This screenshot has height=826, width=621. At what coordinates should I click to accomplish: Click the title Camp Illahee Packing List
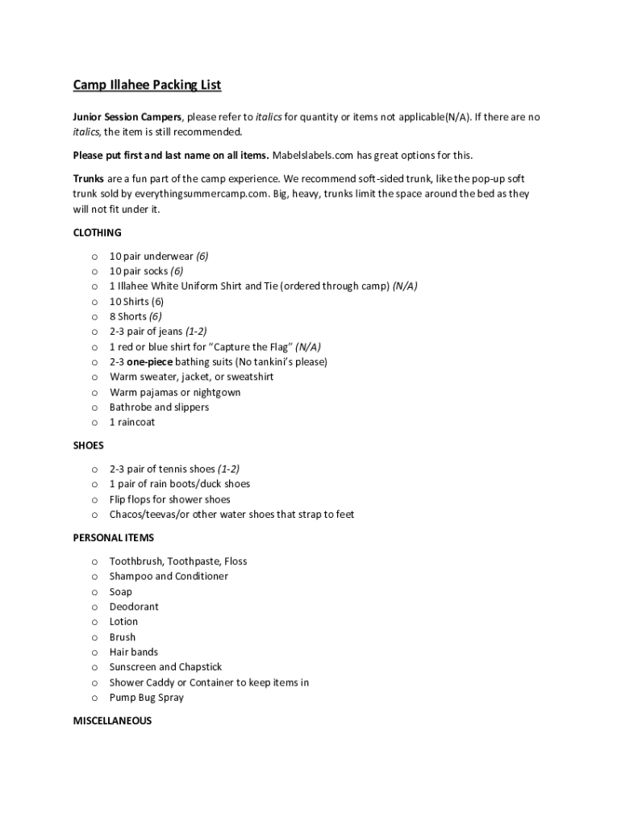pyautogui.click(x=147, y=85)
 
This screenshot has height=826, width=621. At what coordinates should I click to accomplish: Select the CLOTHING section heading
pyautogui.click(x=97, y=232)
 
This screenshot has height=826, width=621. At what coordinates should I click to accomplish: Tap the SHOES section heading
pyautogui.click(x=88, y=445)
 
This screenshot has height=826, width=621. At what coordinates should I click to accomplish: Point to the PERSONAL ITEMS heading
pyautogui.click(x=113, y=537)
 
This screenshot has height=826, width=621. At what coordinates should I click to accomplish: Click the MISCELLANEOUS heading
pyautogui.click(x=112, y=721)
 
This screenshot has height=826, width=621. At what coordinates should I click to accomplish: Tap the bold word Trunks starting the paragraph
pyautogui.click(x=89, y=178)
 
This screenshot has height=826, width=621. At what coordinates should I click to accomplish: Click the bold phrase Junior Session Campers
pyautogui.click(x=127, y=117)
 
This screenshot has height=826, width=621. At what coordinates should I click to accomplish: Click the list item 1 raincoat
pyautogui.click(x=132, y=423)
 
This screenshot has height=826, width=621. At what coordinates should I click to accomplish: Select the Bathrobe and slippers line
pyautogui.click(x=159, y=407)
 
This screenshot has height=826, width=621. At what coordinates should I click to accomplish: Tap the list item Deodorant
pyautogui.click(x=134, y=607)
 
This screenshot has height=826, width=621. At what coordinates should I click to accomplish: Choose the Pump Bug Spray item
pyautogui.click(x=147, y=698)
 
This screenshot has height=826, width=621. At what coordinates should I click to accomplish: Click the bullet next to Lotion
pyautogui.click(x=94, y=622)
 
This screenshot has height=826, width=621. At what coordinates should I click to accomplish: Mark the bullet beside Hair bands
pyautogui.click(x=94, y=653)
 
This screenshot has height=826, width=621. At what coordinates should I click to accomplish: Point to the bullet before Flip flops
pyautogui.click(x=94, y=499)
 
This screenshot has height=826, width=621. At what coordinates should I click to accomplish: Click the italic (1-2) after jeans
pyautogui.click(x=196, y=332)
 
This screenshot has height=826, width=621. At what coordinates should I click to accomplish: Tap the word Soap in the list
pyautogui.click(x=121, y=591)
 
